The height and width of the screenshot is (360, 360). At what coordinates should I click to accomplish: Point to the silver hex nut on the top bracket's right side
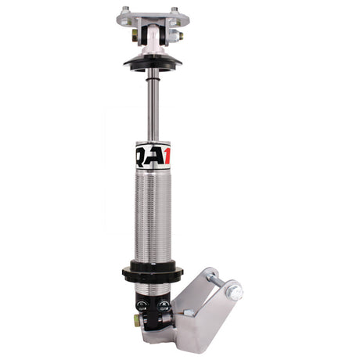click(179, 35)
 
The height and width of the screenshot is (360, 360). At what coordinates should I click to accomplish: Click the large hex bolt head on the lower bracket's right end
click(233, 291)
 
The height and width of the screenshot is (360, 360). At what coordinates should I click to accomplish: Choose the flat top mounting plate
click(149, 16)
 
